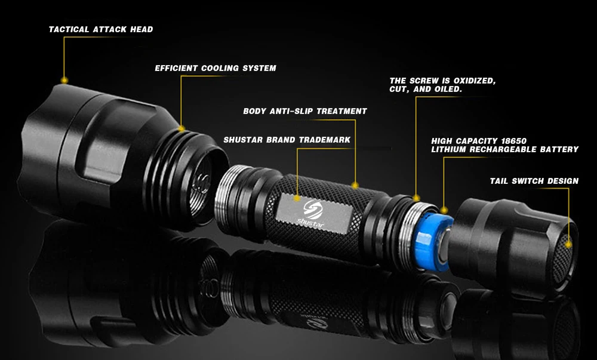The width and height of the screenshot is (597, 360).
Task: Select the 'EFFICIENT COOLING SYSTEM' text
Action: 216,68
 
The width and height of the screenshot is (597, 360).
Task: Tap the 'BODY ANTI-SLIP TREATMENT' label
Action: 305,111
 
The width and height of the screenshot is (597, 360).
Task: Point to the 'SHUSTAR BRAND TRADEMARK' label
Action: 287,140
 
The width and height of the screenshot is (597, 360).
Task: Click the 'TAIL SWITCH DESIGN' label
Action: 534,181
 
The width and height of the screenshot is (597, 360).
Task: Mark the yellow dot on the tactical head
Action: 64,79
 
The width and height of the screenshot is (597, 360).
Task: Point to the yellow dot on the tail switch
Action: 569,243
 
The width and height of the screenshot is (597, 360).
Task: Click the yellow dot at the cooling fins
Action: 181,128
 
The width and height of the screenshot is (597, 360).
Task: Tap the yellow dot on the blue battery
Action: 445,209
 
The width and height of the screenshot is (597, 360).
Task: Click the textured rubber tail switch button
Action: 564,257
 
